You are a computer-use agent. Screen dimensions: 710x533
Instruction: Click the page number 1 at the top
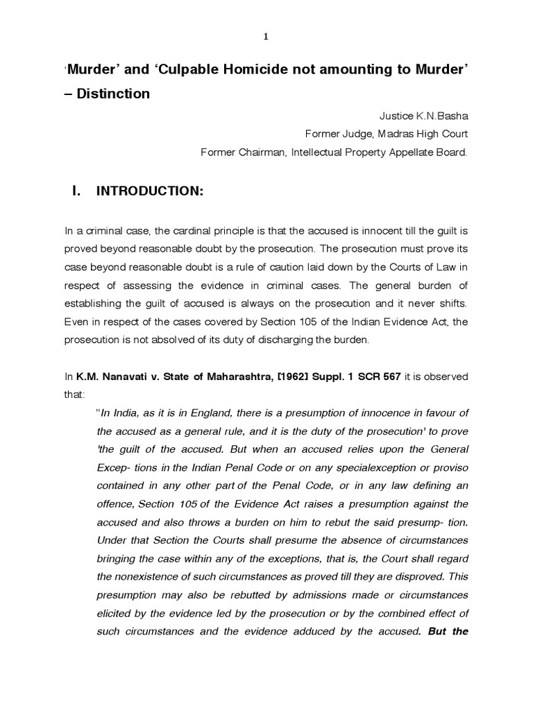pyautogui.click(x=266, y=19)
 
